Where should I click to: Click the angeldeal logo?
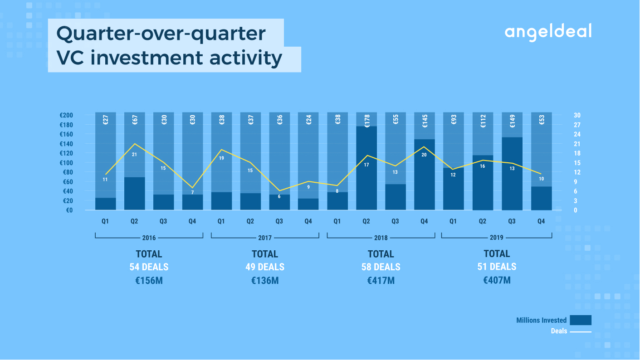(548, 32)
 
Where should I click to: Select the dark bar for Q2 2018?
(366, 168)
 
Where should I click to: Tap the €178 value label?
(367, 121)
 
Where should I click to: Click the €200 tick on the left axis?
(66, 115)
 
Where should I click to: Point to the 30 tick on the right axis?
(577, 115)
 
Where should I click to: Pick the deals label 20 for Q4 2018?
(424, 155)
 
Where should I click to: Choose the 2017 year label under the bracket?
(265, 238)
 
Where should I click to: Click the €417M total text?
(381, 281)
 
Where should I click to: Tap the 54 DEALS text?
(149, 267)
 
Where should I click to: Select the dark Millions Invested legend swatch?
(581, 320)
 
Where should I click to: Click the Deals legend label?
(559, 331)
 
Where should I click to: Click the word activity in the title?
(246, 58)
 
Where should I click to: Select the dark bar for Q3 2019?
(512, 174)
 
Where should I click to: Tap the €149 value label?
(512, 121)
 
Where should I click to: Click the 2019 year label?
(497, 238)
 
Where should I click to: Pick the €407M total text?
(497, 280)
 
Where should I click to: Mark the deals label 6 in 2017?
(279, 197)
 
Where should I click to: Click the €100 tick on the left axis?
(66, 163)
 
